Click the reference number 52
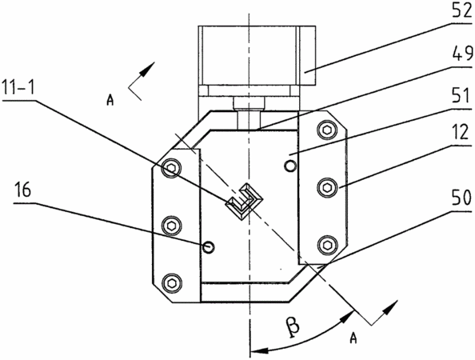tap(461, 10)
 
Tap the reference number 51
tap(461, 97)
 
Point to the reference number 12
tap(461, 132)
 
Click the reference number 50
tap(461, 198)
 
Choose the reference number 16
tap(22, 191)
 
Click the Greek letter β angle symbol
tap(292, 326)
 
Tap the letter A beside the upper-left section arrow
tap(110, 100)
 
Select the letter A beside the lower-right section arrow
tap(353, 338)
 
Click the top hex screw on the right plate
tap(327, 130)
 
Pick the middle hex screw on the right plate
tap(327, 187)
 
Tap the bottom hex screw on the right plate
tap(327, 245)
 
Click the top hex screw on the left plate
tap(171, 168)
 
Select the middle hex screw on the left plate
tap(171, 225)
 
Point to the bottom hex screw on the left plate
tap(171, 282)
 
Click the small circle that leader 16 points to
tap(209, 247)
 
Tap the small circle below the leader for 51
tap(290, 166)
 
